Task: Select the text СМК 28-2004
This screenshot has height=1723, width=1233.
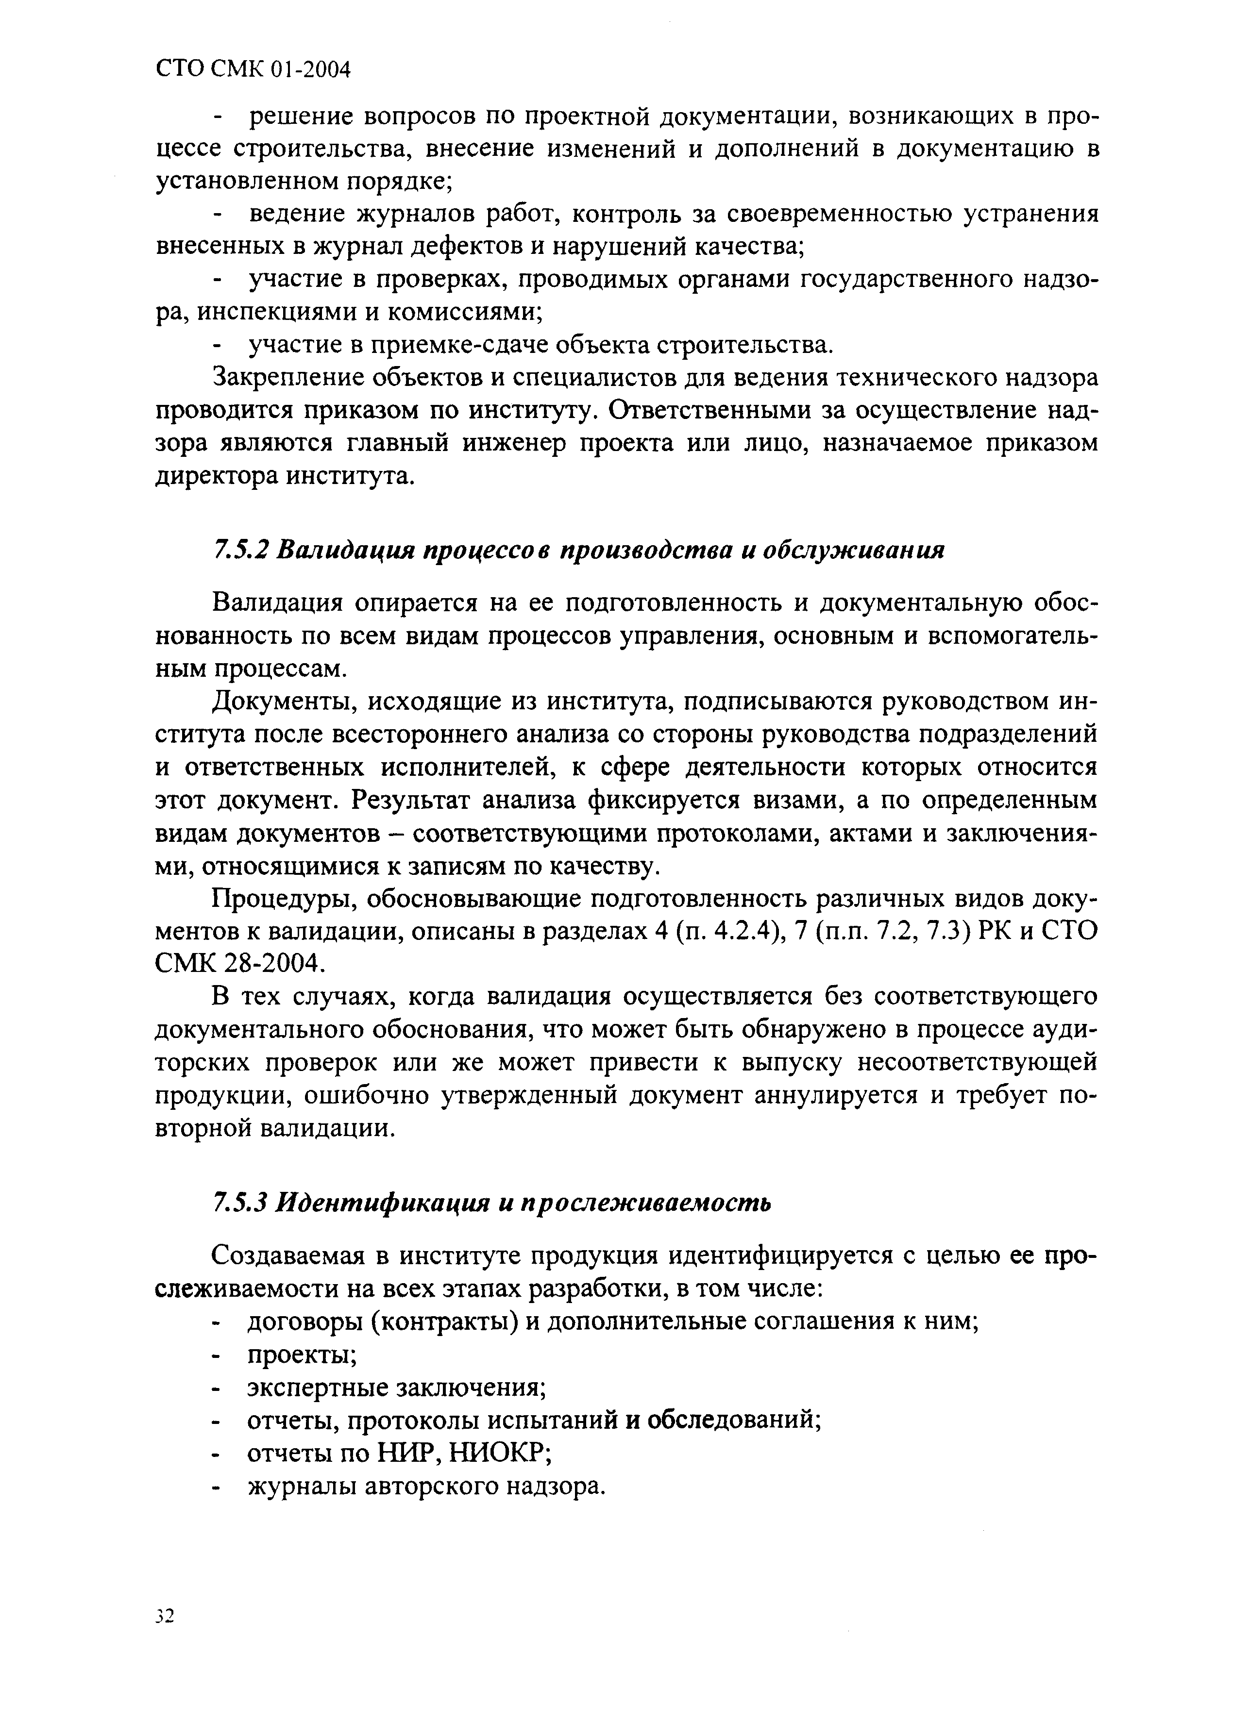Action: coord(241,964)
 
